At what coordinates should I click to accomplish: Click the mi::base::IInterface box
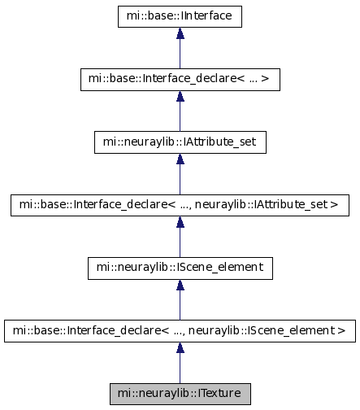click(180, 16)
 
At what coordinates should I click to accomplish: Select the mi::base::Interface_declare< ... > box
click(180, 80)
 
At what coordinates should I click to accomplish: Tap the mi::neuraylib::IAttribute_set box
click(180, 142)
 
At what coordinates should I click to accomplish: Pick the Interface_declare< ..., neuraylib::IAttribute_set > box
click(180, 205)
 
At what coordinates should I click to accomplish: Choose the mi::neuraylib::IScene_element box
click(180, 268)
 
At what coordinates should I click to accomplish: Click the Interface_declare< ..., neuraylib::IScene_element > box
click(180, 331)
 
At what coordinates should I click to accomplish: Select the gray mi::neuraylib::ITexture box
click(180, 394)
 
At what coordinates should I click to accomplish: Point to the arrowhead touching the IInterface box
click(180, 33)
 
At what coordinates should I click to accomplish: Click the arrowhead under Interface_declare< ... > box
click(180, 96)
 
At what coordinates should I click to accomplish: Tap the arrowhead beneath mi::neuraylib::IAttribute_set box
click(180, 159)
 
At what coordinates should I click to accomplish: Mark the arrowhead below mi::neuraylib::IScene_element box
click(180, 285)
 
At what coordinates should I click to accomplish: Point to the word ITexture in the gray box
click(219, 393)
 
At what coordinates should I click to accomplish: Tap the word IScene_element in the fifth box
click(219, 268)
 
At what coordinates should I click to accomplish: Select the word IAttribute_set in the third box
click(219, 142)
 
